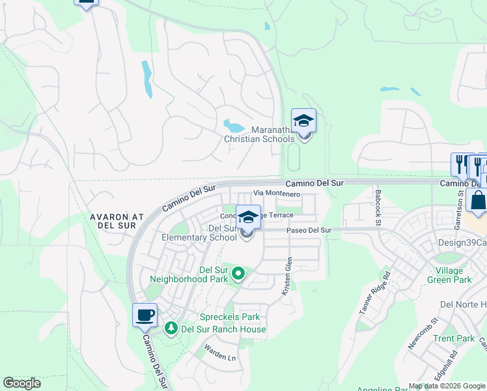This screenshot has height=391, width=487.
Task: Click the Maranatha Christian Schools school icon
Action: click(x=303, y=121)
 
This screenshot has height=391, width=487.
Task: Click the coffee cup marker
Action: click(x=145, y=316)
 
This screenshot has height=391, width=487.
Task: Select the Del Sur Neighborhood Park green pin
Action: click(x=238, y=273)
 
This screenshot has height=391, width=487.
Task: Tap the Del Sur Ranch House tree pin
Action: click(x=172, y=328)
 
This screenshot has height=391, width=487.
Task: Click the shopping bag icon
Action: click(x=478, y=201)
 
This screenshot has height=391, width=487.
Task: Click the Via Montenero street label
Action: click(x=276, y=194)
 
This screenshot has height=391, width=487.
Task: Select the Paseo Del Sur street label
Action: click(x=309, y=230)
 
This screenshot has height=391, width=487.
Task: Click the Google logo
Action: click(x=21, y=383)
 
